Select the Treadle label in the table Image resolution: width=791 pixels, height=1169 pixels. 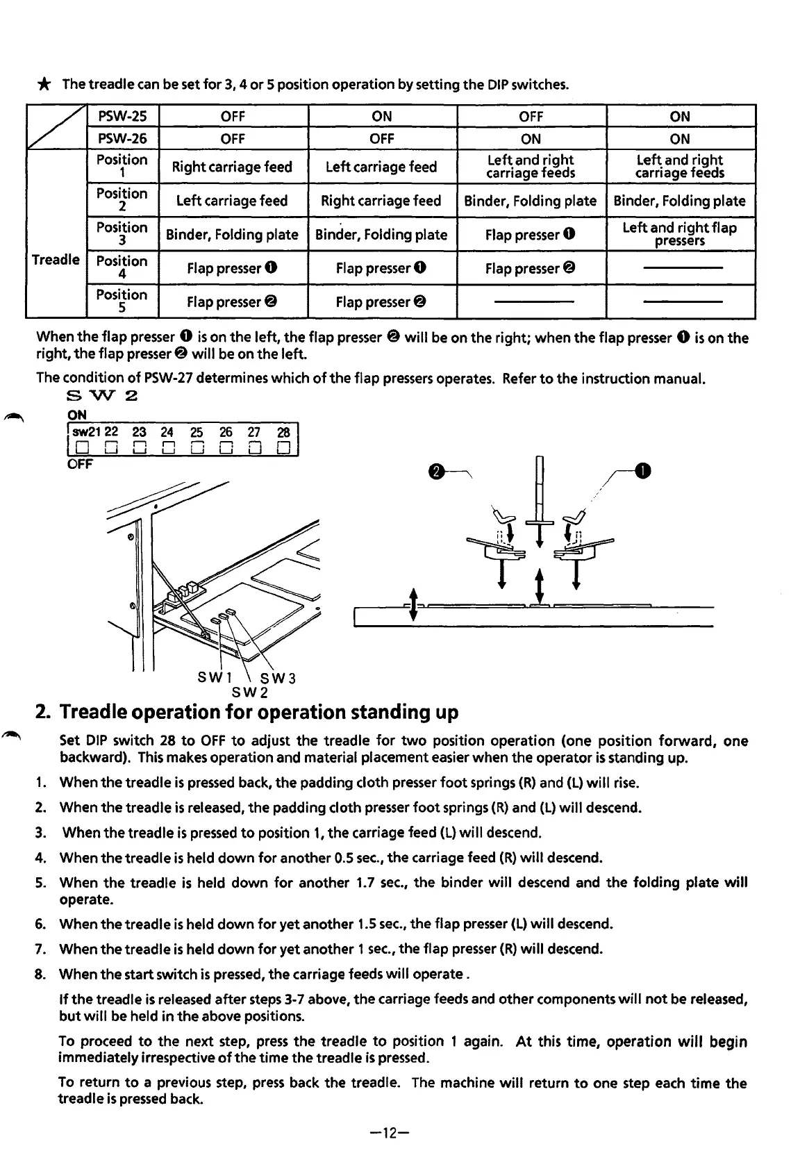[56, 260]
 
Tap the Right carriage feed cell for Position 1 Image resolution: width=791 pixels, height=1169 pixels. [232, 167]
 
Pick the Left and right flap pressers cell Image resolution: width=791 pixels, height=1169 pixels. [680, 234]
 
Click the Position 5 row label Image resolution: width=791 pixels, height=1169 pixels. [122, 301]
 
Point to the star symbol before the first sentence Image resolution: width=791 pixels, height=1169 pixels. [44, 85]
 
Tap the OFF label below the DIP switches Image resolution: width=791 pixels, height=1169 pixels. [80, 463]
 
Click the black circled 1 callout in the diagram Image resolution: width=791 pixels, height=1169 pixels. [645, 472]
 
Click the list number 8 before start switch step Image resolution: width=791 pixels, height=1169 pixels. [40, 974]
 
